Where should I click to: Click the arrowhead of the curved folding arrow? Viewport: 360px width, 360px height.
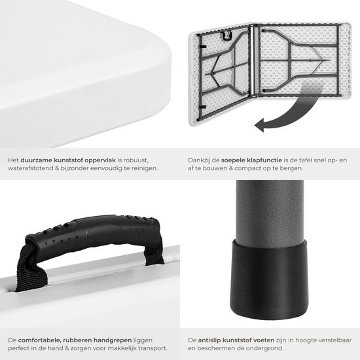tap(260, 126)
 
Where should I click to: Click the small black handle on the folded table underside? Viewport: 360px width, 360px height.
tap(226, 36)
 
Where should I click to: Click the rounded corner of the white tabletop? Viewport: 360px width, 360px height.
tap(161, 54)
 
